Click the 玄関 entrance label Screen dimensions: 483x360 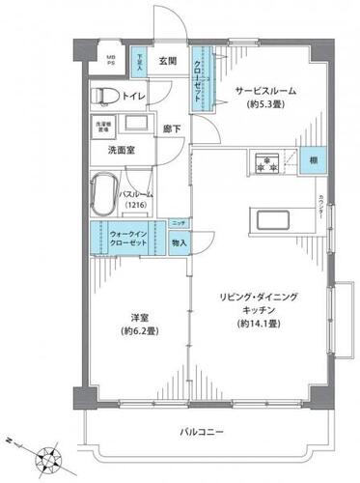tap(167, 62)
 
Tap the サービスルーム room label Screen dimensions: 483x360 tap(266, 91)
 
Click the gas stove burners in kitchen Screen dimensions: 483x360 tap(265, 161)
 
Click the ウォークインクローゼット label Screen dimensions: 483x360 tap(128, 238)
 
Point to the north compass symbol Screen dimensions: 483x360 tap(46, 454)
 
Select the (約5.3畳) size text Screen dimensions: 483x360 tap(266, 107)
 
